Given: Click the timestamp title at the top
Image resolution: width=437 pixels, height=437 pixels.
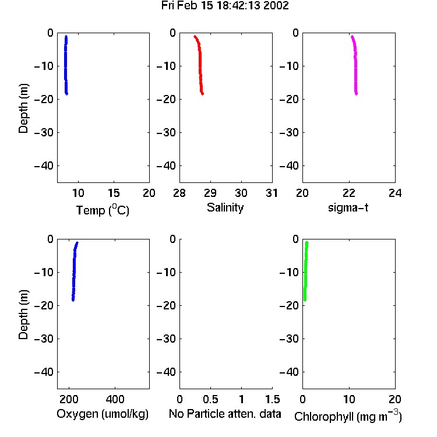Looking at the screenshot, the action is point(225,6).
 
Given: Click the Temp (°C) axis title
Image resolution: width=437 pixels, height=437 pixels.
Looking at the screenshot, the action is point(103,210).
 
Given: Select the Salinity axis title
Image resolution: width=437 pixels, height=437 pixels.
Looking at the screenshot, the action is point(225,207).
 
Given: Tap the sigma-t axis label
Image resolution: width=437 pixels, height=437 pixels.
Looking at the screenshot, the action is point(348,207).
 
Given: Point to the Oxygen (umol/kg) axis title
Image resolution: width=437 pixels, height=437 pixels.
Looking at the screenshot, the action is point(103,414).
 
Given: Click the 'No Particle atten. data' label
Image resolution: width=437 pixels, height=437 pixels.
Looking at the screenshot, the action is point(225,414).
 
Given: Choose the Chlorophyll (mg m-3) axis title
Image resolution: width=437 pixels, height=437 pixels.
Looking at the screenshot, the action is point(348,416).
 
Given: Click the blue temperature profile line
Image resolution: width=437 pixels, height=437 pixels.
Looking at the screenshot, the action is point(66,65).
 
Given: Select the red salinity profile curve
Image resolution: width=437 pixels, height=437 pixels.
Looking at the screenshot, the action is point(200,65).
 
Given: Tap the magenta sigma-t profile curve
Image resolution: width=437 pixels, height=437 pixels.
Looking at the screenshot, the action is point(355,65).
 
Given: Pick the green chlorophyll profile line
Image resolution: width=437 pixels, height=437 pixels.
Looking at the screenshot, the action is point(305,272).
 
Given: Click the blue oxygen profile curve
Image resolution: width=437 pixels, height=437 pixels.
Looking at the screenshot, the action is point(74,272).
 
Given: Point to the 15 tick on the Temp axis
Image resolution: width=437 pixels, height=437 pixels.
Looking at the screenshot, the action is point(114,193).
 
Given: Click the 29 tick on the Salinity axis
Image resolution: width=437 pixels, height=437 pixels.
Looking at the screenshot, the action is point(210,193).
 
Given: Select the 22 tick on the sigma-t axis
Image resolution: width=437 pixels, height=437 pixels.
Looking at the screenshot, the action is point(348,193).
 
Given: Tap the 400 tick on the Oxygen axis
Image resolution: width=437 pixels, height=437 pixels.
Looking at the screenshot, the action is point(115,399).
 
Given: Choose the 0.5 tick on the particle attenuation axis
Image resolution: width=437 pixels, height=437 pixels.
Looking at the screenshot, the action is point(210,399).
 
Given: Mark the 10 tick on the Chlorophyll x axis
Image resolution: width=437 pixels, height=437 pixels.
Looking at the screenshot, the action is point(349,399).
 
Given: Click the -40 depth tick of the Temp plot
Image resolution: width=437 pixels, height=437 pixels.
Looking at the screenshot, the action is point(44,166).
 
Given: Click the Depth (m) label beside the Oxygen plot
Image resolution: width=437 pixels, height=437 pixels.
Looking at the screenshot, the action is point(23,315).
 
